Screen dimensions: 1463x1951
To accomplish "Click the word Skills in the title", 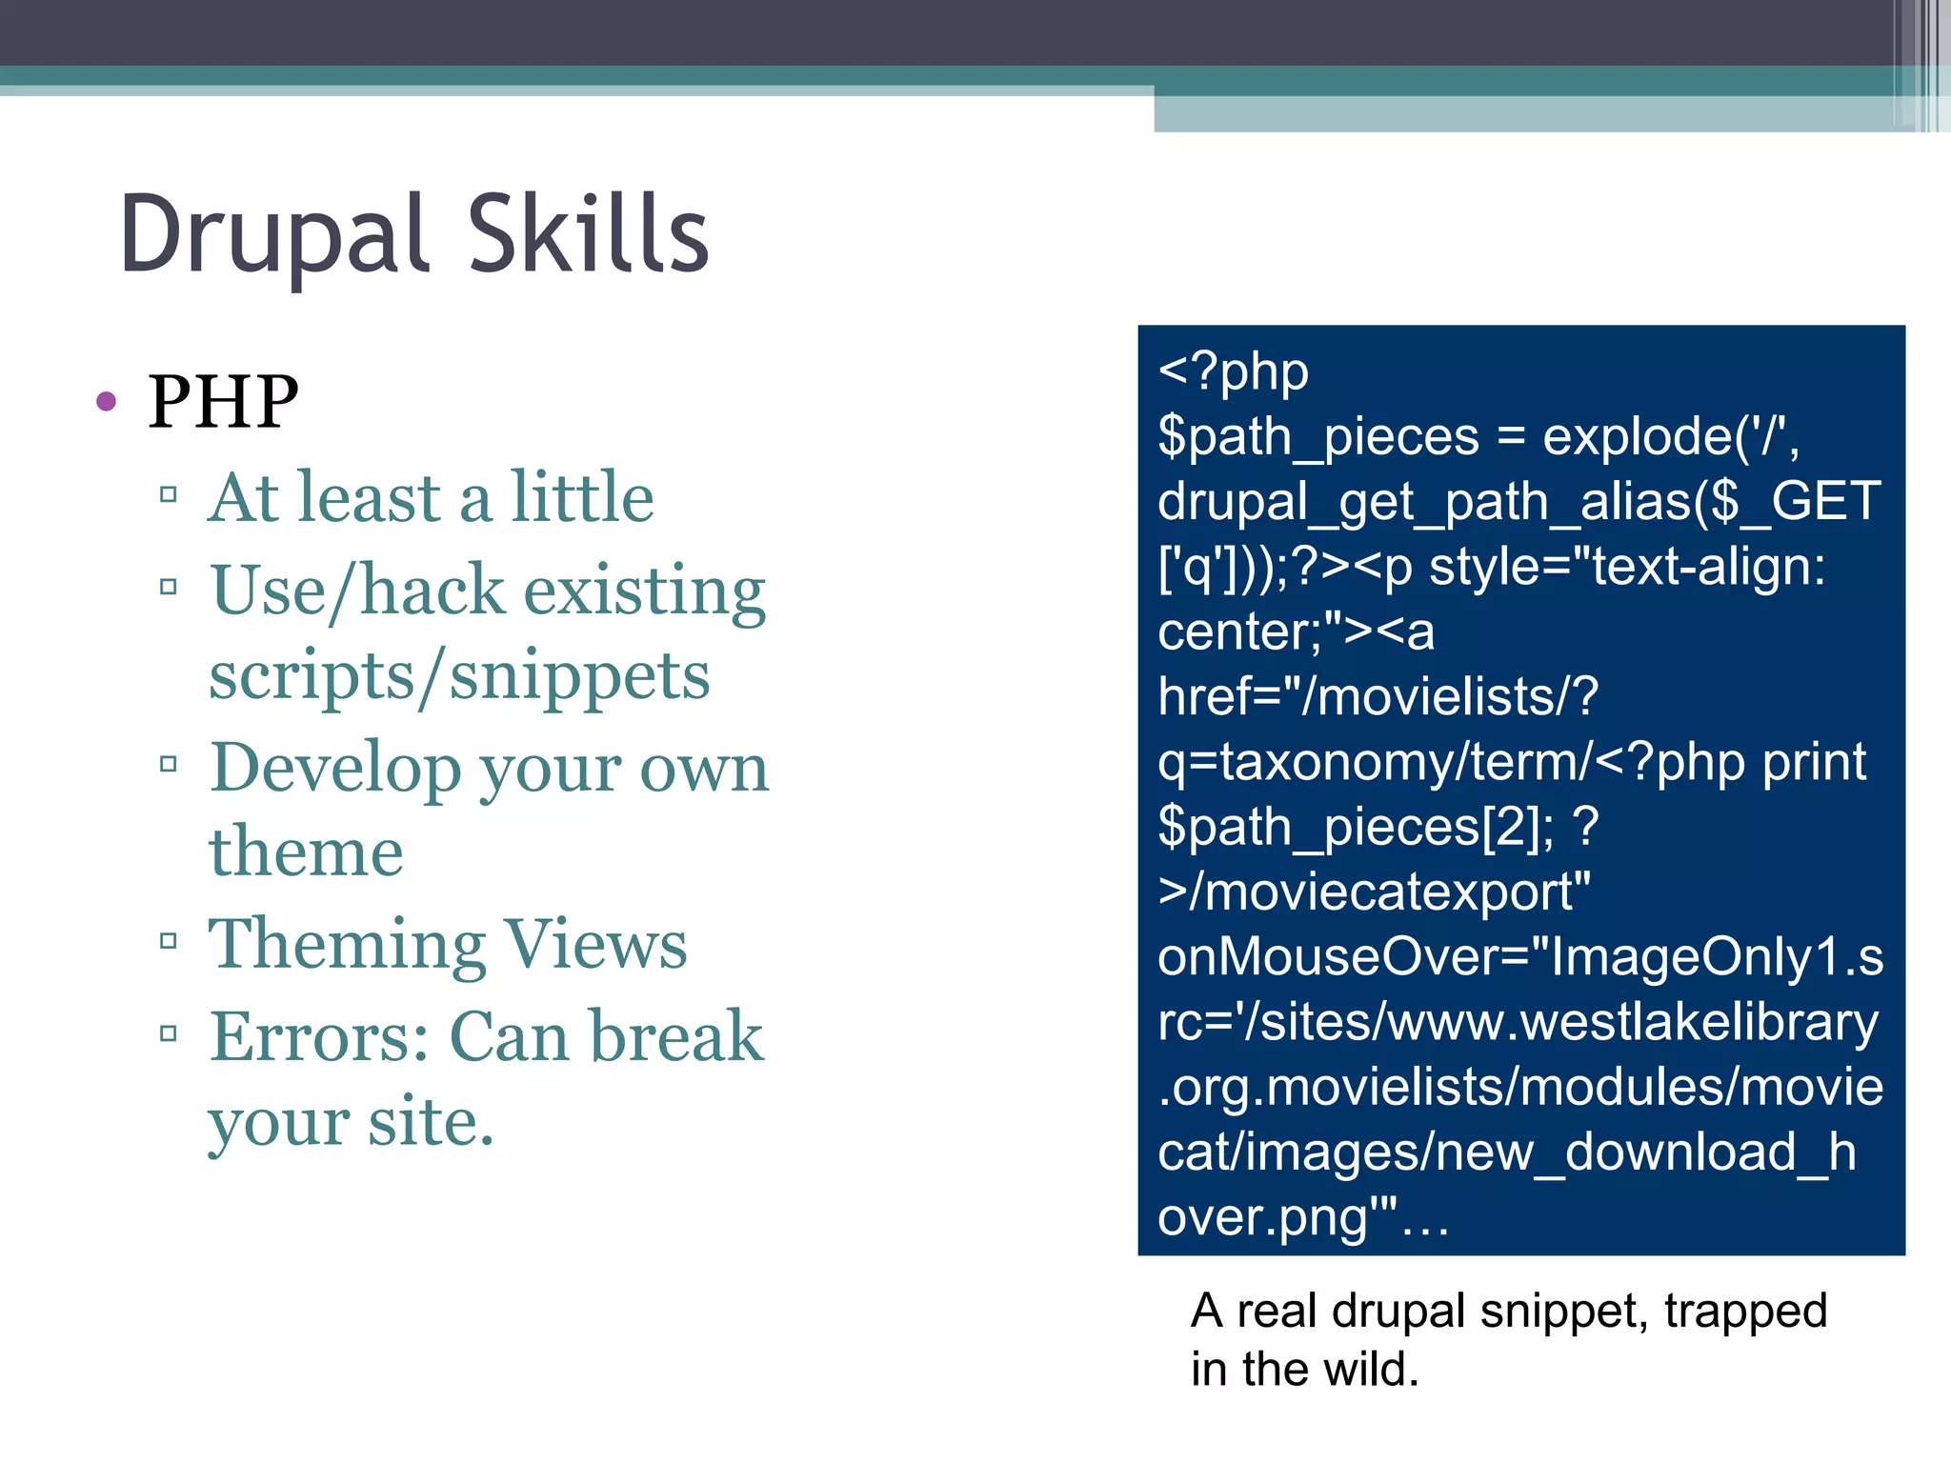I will tap(588, 234).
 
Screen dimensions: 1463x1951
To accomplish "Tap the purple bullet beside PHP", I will tap(106, 401).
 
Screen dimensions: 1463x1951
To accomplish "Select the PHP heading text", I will tap(223, 401).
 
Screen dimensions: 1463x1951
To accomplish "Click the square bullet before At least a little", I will tap(169, 494).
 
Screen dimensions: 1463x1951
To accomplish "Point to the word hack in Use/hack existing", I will tap(432, 591).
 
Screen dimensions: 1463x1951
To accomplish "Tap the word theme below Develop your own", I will tap(306, 852).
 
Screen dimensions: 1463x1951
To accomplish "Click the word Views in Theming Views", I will tap(594, 944).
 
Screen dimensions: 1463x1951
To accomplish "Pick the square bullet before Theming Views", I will tap(169, 941).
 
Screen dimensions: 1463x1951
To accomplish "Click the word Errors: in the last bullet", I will tap(320, 1036).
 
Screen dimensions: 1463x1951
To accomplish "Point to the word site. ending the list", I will tap(431, 1121).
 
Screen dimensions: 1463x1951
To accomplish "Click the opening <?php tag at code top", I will tap(1233, 371).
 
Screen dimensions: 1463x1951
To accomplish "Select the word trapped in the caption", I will tap(1745, 1311).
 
